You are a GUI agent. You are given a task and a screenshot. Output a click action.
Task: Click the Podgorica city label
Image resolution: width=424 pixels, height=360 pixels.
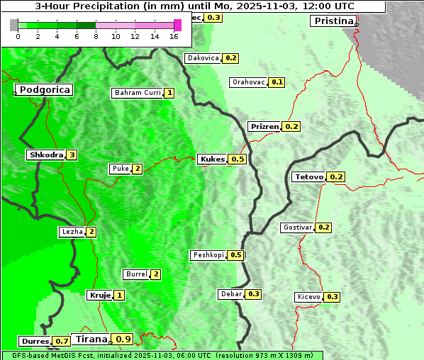pyautogui.click(x=44, y=90)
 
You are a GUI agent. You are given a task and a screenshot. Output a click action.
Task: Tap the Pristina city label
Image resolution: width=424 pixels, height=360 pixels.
pyautogui.click(x=333, y=21)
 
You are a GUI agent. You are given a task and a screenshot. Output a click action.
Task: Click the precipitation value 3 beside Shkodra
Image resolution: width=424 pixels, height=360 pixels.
pyautogui.click(x=72, y=154)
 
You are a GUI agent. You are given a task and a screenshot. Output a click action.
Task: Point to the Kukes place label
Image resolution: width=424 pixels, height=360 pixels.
pyautogui.click(x=212, y=159)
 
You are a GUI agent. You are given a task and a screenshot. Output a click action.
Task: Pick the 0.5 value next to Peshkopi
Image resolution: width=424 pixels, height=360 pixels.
pyautogui.click(x=236, y=255)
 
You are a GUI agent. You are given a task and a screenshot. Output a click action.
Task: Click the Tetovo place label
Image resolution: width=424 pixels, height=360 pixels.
pyautogui.click(x=309, y=176)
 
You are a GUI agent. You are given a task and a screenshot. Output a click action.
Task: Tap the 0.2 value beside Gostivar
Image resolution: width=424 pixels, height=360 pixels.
pyautogui.click(x=323, y=227)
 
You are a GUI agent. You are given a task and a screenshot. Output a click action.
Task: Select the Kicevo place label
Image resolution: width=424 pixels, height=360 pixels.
pyautogui.click(x=308, y=297)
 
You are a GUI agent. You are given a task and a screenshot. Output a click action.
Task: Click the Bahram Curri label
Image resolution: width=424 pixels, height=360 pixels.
pyautogui.click(x=138, y=93)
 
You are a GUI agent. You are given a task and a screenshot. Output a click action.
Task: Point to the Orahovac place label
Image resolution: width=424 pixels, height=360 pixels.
pyautogui.click(x=248, y=82)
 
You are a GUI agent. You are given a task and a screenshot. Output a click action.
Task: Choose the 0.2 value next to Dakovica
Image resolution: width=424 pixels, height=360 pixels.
pyautogui.click(x=230, y=58)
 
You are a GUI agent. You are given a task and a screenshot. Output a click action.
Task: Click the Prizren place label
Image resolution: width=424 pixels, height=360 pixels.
pyautogui.click(x=264, y=127)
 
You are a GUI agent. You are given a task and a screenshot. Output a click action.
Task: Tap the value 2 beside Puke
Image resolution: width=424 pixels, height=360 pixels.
pyautogui.click(x=137, y=169)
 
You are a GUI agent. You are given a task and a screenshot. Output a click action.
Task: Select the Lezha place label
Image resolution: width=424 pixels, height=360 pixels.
pyautogui.click(x=72, y=232)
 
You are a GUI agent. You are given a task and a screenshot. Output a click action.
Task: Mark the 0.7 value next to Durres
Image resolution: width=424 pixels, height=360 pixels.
pyautogui.click(x=62, y=342)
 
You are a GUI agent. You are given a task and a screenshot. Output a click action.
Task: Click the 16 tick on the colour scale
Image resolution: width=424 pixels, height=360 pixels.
pyautogui.click(x=174, y=36)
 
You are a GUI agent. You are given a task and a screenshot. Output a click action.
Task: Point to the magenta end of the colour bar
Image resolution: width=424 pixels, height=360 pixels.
pyautogui.click(x=177, y=25)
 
